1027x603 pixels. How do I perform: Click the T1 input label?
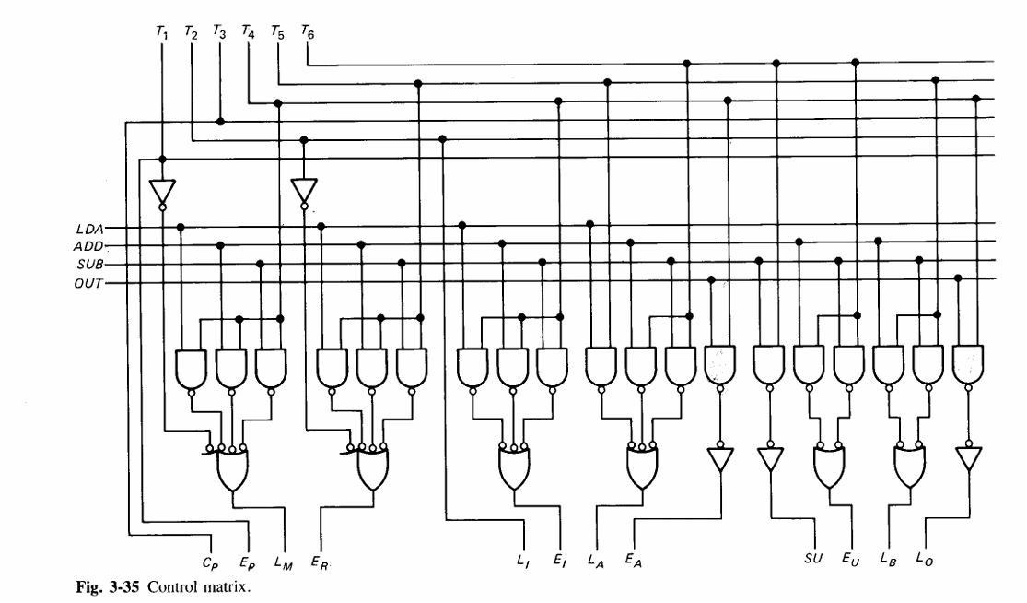(x=162, y=33)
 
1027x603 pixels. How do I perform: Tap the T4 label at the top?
(x=249, y=33)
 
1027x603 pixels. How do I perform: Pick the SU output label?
(x=812, y=557)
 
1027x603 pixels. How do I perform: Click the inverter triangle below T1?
(x=162, y=191)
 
